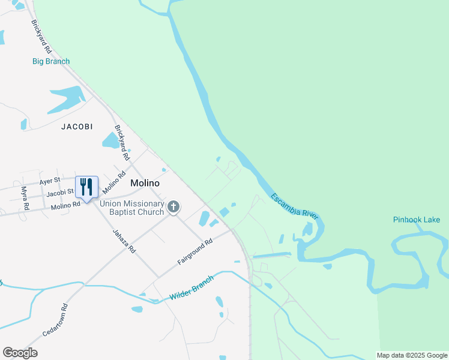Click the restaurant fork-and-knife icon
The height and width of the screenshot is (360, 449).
click(86, 187)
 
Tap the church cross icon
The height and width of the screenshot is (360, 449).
click(173, 208)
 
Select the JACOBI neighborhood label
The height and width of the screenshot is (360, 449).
click(77, 127)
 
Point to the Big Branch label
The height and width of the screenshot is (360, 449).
click(51, 61)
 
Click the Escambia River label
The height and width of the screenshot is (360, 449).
click(294, 207)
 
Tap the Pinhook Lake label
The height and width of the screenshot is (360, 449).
click(417, 220)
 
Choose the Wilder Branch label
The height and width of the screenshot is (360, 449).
click(191, 289)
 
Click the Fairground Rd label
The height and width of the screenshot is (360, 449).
click(195, 252)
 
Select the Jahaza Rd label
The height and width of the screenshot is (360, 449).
click(125, 239)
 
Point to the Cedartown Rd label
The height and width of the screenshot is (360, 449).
click(55, 319)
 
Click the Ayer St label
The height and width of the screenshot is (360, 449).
click(50, 180)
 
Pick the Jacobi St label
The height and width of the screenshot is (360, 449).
click(59, 193)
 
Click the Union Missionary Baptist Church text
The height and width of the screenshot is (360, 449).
click(132, 208)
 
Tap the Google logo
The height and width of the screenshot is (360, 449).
click(20, 353)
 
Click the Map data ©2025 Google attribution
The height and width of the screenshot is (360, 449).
click(412, 355)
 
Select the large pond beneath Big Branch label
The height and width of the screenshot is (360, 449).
click(66, 98)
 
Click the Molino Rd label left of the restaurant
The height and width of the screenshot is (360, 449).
click(65, 205)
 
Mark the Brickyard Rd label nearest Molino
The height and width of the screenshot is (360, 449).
click(122, 142)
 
